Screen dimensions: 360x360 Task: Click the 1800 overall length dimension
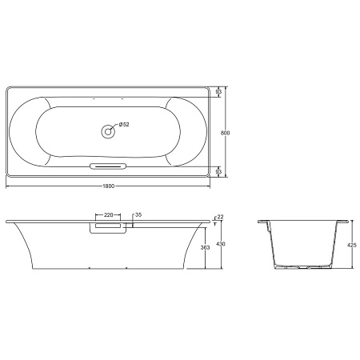[x=109, y=186]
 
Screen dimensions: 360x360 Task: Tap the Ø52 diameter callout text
[x=124, y=124]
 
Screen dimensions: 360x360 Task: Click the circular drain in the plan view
[x=108, y=131]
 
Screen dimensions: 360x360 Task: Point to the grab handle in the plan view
[x=108, y=166]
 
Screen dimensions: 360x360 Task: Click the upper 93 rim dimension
[x=219, y=93]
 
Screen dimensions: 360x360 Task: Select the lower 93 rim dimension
[x=219, y=170]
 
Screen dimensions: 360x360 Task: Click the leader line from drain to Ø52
[x=114, y=127]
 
